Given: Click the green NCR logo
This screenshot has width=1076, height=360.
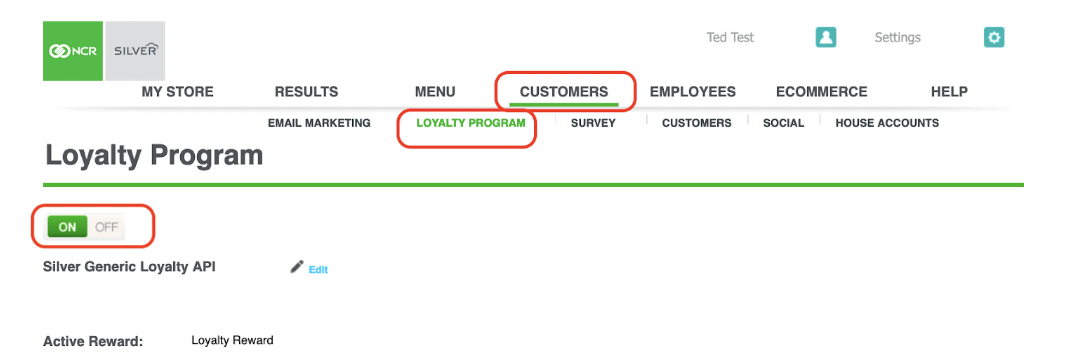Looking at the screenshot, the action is click(73, 51).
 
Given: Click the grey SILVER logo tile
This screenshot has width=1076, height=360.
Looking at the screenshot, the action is click(135, 51).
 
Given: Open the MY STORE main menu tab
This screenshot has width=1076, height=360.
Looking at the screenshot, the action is click(177, 92).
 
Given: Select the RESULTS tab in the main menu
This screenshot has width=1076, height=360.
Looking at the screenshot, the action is click(306, 92).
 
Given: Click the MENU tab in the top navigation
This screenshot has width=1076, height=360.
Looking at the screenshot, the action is click(435, 92).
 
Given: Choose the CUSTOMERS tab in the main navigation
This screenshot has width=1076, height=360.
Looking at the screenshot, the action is click(564, 92).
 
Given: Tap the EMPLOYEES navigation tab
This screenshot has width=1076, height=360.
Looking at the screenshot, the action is click(692, 92).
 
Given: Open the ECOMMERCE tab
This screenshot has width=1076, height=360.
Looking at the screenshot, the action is click(821, 92).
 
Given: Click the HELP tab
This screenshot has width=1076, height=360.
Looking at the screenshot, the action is click(949, 92).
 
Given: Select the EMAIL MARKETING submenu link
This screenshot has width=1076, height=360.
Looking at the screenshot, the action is click(319, 123).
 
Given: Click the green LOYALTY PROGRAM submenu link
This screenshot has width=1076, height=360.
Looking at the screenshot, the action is click(471, 123).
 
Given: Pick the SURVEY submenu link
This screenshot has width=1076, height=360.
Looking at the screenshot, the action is click(593, 123).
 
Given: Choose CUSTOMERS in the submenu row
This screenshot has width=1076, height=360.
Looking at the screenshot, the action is click(697, 123).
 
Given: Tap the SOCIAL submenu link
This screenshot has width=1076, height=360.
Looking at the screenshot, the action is click(783, 123).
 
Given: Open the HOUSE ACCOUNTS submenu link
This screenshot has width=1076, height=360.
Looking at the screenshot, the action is click(887, 123).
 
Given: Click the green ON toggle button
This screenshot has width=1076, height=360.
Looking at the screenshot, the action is click(67, 227).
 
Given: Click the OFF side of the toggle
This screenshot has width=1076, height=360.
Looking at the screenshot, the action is click(106, 227).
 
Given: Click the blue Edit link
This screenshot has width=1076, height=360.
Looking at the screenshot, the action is click(318, 270).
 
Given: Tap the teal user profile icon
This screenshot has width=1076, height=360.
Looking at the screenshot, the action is click(826, 37).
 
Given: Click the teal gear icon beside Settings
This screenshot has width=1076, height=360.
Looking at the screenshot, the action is click(994, 37).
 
